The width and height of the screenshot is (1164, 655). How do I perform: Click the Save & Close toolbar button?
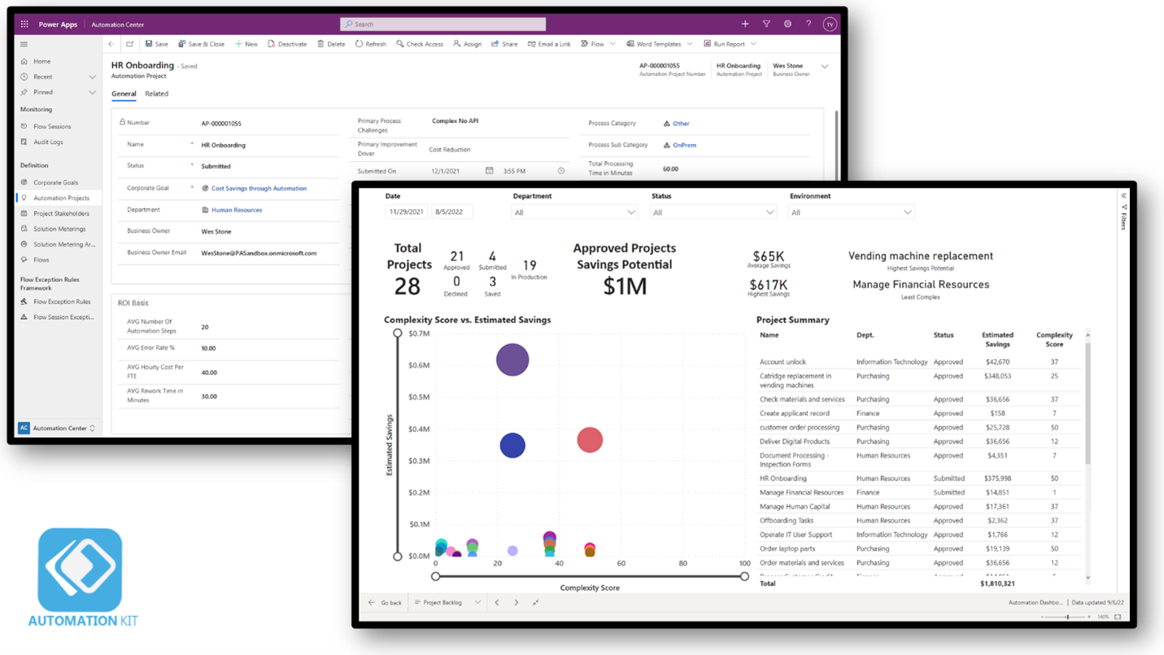click(x=201, y=44)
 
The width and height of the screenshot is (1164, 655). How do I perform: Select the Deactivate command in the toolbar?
click(x=287, y=44)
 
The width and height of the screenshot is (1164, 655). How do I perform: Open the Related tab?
click(x=156, y=94)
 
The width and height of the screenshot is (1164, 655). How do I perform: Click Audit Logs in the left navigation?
click(x=48, y=142)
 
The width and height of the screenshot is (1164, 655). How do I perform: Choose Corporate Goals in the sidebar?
click(x=55, y=182)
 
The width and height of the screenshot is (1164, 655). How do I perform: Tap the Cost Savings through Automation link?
click(x=259, y=188)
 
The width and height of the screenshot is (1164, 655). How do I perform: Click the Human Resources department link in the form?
click(x=236, y=210)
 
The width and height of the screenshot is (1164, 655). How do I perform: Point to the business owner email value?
click(x=259, y=253)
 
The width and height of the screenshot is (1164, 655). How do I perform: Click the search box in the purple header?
click(x=443, y=24)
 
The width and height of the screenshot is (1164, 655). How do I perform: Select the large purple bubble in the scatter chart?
click(x=512, y=360)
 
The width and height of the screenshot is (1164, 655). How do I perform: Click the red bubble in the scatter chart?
click(x=590, y=440)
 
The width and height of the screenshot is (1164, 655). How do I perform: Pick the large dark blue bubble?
click(x=512, y=445)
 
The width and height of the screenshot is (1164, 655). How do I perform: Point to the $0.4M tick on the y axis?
click(x=419, y=429)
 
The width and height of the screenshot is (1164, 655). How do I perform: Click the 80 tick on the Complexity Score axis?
click(x=682, y=563)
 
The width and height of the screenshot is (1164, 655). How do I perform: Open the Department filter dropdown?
click(x=574, y=212)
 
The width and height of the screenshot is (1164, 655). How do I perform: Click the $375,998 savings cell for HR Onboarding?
click(x=996, y=478)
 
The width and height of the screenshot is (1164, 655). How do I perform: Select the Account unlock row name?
click(x=783, y=362)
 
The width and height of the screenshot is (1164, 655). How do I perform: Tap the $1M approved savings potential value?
click(x=625, y=286)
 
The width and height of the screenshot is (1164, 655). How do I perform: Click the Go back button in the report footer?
click(x=386, y=603)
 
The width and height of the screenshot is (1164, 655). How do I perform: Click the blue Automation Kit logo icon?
click(x=80, y=570)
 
